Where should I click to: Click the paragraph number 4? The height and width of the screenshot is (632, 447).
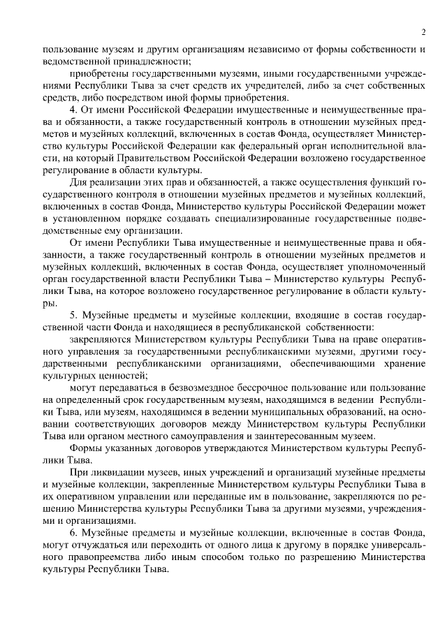[x=73, y=110]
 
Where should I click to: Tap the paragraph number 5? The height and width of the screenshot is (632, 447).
[x=73, y=316]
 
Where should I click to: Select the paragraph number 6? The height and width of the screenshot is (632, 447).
[x=73, y=532]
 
